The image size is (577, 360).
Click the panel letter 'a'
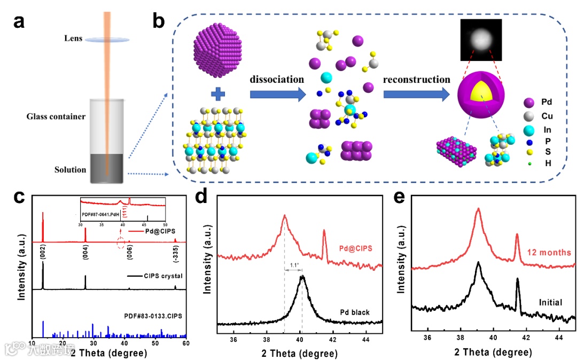20,22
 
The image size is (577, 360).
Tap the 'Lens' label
73,38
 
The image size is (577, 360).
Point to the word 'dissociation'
277,79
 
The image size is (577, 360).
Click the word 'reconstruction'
416,79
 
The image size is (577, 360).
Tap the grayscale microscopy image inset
482,40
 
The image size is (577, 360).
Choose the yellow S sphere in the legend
529,151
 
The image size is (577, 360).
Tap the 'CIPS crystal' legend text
163,276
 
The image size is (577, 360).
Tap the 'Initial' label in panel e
550,302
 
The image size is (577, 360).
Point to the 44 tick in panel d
365,339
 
